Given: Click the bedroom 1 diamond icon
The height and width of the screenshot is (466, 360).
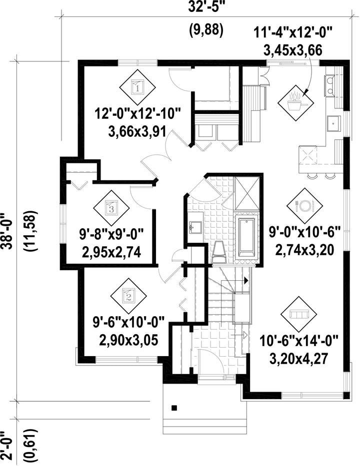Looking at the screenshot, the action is [137, 87].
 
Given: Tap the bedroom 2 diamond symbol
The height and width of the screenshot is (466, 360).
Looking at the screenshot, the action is [128, 296].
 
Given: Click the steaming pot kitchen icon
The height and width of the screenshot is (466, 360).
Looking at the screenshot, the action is [295, 103].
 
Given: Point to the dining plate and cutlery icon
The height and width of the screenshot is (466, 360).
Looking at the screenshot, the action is [304, 206].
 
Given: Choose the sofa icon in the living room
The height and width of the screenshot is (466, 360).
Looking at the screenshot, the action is [298, 315].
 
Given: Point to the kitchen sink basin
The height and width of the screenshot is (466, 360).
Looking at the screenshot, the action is [334, 124].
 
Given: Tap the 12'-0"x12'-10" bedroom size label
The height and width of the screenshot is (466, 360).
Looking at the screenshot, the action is [137, 114].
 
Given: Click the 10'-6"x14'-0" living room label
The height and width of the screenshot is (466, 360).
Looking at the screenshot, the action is [299, 340].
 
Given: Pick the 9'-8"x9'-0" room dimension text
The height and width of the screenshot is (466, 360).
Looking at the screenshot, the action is [111, 235].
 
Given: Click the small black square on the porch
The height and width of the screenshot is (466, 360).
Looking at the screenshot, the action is [174, 408].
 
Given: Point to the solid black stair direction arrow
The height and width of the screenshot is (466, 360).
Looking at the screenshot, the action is [246, 280].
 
